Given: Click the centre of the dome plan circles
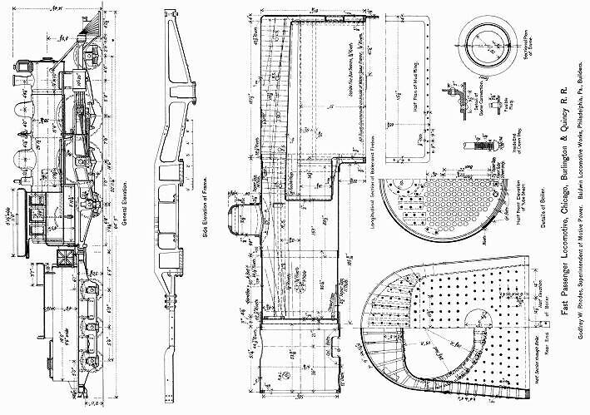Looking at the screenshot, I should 486,42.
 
